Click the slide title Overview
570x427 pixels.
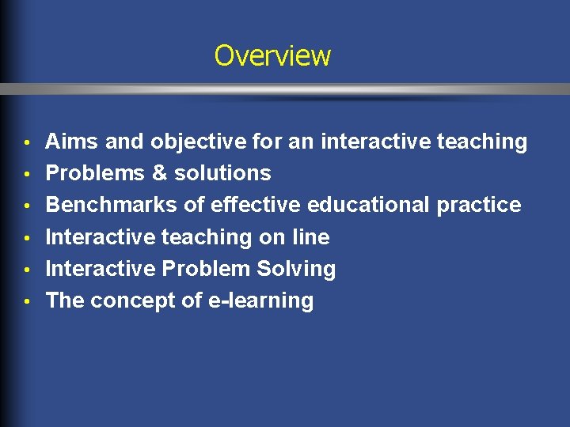pyautogui.click(x=272, y=56)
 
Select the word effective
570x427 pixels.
pyautogui.click(x=255, y=206)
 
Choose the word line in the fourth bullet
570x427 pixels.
pyautogui.click(x=311, y=237)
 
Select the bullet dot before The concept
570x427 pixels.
pyautogui.click(x=27, y=301)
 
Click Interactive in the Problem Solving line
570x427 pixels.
pyautogui.click(x=101, y=269)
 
